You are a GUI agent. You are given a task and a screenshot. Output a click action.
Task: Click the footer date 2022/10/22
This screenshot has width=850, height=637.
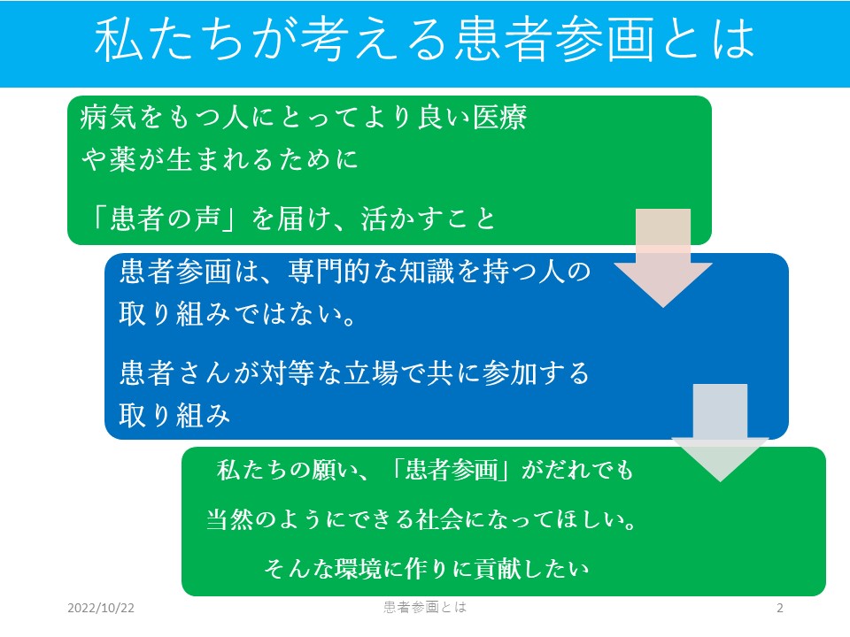(x=101, y=608)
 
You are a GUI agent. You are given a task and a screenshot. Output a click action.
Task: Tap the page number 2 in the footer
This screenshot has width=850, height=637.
(x=779, y=608)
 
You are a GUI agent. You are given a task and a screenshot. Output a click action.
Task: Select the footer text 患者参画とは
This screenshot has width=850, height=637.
(x=425, y=607)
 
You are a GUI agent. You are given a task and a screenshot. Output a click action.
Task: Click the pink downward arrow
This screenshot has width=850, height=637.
(x=663, y=257)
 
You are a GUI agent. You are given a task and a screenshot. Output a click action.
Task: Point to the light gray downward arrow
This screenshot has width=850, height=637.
(x=720, y=433)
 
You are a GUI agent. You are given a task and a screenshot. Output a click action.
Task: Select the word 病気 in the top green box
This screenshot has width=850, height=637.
(x=108, y=117)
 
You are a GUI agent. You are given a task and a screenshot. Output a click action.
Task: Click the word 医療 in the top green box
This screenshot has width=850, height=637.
(x=499, y=117)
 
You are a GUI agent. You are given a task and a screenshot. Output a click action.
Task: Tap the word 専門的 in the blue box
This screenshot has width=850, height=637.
(x=329, y=271)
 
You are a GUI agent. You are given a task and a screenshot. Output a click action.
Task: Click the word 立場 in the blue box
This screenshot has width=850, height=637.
(x=371, y=373)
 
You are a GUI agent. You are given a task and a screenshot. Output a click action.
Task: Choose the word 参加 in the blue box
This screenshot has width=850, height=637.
(x=510, y=373)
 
